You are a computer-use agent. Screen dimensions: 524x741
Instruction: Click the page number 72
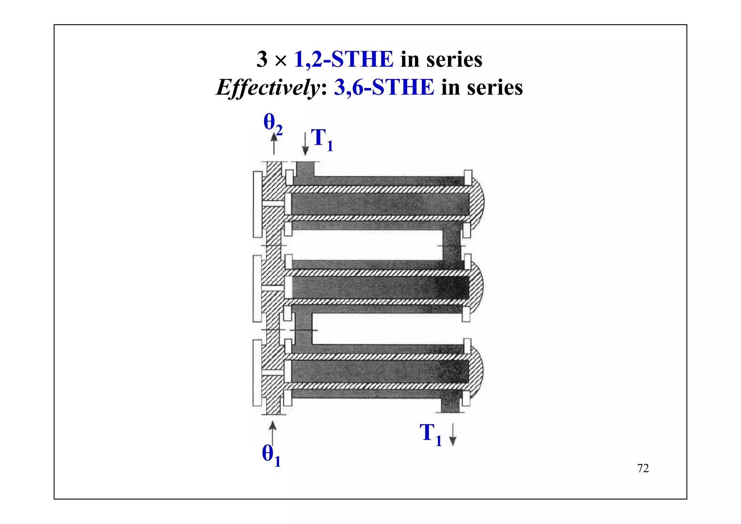[643, 468]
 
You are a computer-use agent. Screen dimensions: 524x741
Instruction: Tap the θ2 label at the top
[272, 123]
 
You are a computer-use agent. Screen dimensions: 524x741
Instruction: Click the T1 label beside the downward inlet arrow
[322, 140]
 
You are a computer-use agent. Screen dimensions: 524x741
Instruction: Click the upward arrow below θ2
[274, 144]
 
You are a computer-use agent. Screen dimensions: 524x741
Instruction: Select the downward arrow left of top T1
[305, 144]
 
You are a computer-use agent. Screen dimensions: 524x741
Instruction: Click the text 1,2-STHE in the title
[344, 59]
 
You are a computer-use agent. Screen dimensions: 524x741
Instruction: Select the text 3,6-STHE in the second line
[384, 87]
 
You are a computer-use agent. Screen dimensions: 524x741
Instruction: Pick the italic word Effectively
[268, 88]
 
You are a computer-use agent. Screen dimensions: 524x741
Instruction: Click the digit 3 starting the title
[262, 59]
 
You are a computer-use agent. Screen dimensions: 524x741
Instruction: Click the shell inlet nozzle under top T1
[305, 169]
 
